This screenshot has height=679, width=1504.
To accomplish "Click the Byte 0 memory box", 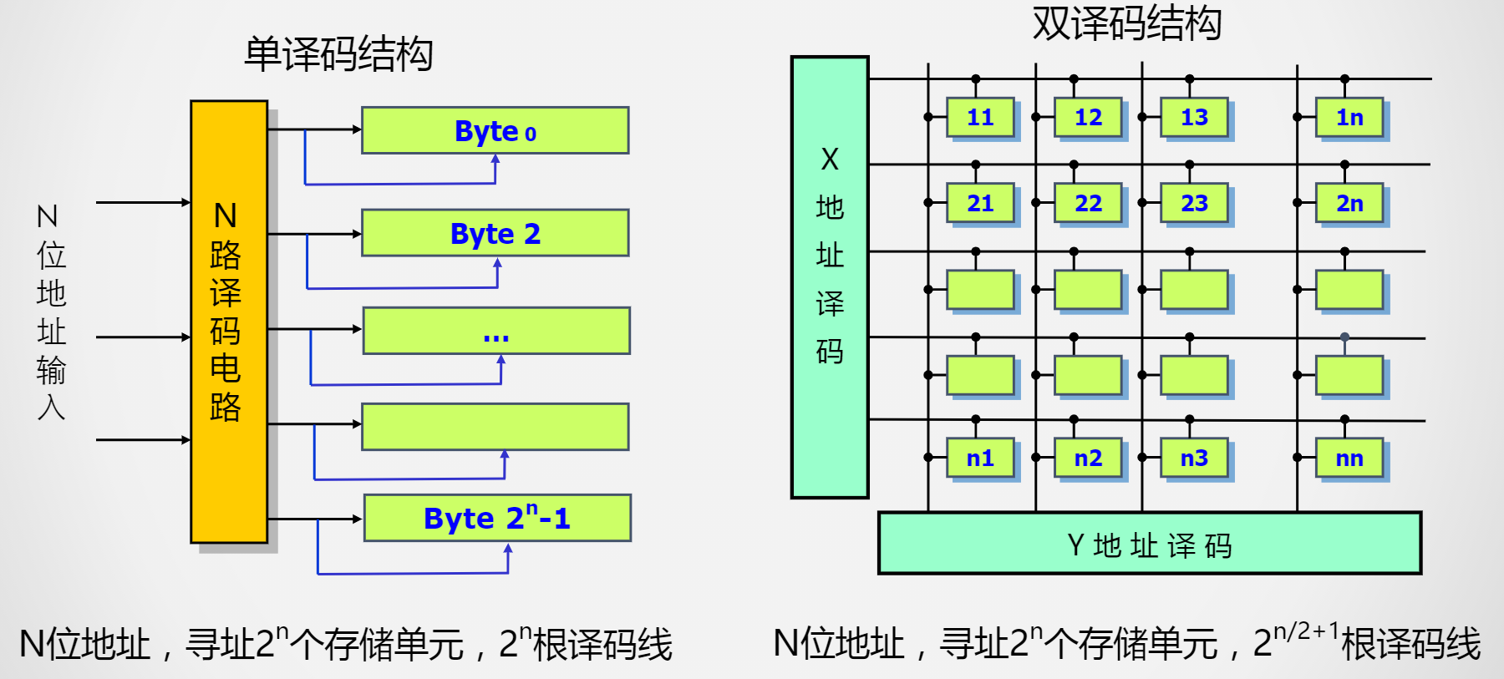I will (495, 130).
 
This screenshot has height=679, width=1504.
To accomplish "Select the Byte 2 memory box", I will (495, 233).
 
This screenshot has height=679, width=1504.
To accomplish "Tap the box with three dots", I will (495, 331).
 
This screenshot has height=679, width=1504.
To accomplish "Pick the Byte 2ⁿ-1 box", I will (497, 518).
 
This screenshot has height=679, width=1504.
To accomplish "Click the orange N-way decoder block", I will (228, 322).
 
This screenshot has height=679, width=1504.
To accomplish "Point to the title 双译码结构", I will (1126, 23).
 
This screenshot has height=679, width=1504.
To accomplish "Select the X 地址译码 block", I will (830, 276).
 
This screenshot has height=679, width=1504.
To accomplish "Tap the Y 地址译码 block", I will (1149, 544).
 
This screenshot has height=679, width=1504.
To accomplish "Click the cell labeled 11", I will (980, 118).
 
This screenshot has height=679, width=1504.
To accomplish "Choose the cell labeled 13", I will (1194, 118).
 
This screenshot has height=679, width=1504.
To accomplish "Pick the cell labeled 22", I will (1088, 204).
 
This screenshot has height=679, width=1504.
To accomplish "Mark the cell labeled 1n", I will (1349, 118).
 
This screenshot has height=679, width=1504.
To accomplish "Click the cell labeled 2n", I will (1349, 204).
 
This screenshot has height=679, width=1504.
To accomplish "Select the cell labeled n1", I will (980, 459).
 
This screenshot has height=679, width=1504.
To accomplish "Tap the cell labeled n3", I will (1194, 459).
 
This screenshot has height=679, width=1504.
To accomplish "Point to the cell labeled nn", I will (1349, 459).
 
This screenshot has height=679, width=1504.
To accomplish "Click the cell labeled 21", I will (980, 204).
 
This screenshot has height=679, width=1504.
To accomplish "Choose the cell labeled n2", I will (1088, 459).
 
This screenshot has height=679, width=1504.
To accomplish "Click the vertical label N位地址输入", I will (50, 312).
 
